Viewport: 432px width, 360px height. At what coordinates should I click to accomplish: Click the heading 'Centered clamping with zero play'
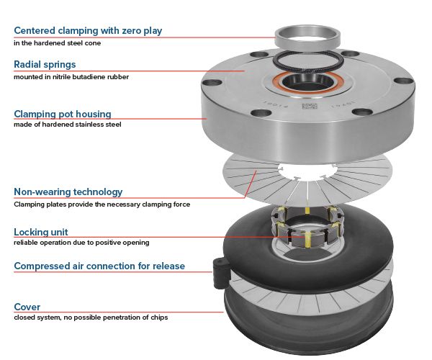point(88,30)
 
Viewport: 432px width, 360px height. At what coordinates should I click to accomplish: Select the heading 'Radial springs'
point(45,64)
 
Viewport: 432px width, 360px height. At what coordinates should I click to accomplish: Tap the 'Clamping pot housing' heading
point(63,113)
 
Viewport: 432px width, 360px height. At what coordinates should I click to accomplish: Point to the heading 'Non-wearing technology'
point(68,192)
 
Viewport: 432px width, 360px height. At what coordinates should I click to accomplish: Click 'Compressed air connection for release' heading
point(99,266)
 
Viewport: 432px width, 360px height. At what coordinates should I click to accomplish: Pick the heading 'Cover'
point(27,305)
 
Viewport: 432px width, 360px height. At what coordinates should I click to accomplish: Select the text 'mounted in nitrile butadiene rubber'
point(71,76)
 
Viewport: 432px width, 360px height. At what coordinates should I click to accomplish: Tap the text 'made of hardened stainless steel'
point(68,125)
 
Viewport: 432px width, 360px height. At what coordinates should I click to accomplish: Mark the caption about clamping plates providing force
point(102,204)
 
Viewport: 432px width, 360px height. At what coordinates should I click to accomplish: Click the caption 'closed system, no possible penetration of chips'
point(90,317)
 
